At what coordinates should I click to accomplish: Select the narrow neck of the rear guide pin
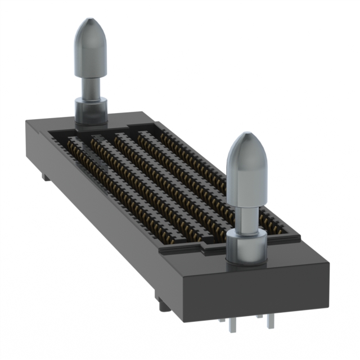click(x=89, y=87)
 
